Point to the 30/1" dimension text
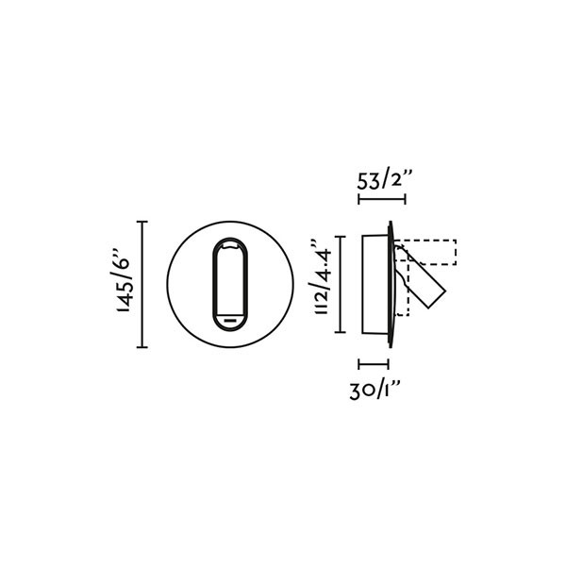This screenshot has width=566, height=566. pyautogui.click(x=375, y=391)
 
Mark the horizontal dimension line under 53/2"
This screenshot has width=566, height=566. pyautogui.click(x=381, y=199)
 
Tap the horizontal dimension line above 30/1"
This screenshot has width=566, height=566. pyautogui.click(x=374, y=363)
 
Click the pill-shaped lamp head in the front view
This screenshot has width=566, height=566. pyautogui.click(x=231, y=283)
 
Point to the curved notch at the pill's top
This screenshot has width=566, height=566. pyautogui.click(x=231, y=243)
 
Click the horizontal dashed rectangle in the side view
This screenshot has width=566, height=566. pyautogui.click(x=429, y=253)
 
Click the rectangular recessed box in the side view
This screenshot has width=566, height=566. pyautogui.click(x=375, y=283)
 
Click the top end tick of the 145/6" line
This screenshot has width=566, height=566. pyautogui.click(x=143, y=222)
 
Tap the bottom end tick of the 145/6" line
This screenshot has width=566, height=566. pyautogui.click(x=143, y=347)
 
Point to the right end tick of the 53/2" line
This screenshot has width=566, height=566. pyautogui.click(x=405, y=199)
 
